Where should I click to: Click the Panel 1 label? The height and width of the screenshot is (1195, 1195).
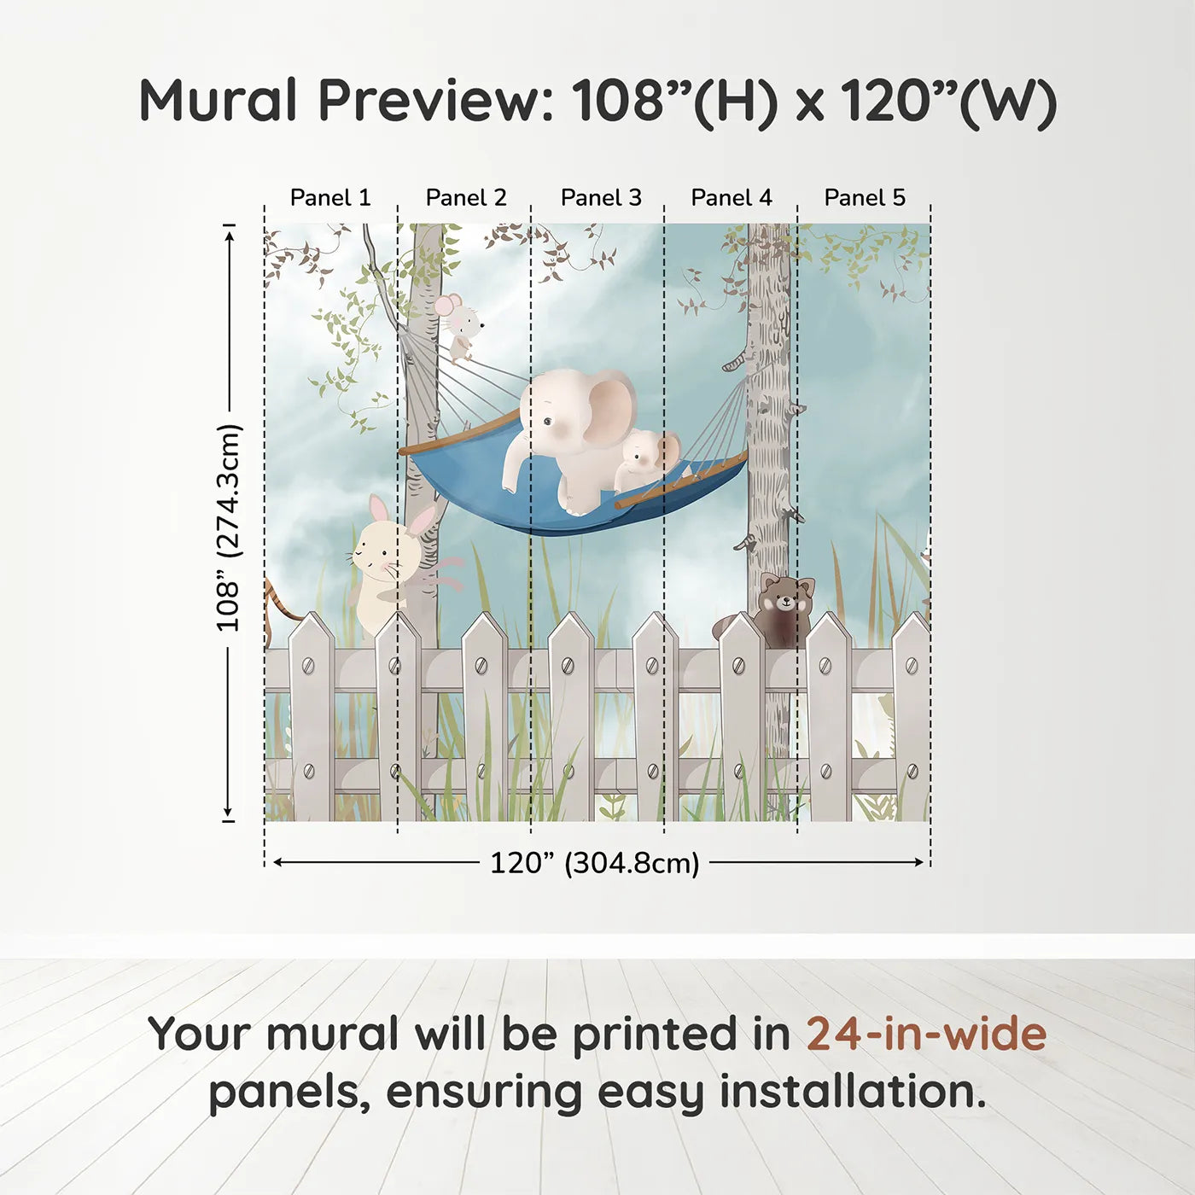tap(330, 198)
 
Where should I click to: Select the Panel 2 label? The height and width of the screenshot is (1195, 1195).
tap(466, 198)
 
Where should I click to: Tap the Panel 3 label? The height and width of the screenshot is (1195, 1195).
tap(601, 198)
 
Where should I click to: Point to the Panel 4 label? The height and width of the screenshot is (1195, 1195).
tap(732, 198)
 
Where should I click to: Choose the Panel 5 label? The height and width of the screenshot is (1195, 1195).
tap(865, 198)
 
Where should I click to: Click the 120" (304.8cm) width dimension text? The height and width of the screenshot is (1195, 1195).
tap(595, 863)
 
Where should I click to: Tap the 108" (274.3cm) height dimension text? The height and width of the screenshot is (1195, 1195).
tap(229, 528)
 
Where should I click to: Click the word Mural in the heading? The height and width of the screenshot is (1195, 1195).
tap(218, 101)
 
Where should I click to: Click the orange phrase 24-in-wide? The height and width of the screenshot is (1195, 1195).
tap(926, 1035)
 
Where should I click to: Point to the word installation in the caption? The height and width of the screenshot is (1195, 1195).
tap(852, 1092)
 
